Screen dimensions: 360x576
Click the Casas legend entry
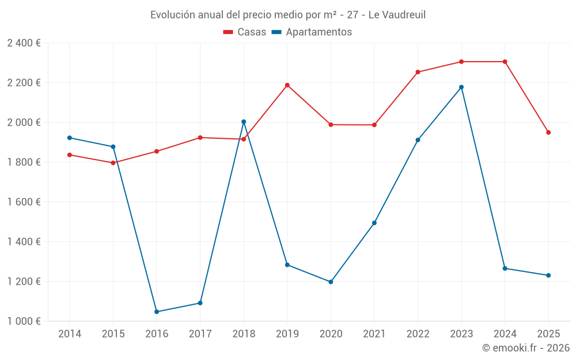point(245,32)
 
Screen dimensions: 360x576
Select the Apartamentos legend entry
point(312,32)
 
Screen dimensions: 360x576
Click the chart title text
point(288,15)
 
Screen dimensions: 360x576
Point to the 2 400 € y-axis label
point(24,43)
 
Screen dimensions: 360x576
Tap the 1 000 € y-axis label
point(24,321)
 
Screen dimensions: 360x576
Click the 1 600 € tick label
point(24,202)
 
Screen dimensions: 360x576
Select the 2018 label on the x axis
point(244,334)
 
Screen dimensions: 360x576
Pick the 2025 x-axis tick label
point(548,334)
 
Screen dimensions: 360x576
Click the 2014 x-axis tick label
point(70,334)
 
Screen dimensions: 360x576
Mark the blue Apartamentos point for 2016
point(157,312)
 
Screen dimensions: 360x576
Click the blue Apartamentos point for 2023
point(461,87)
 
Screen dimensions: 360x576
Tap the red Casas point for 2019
point(287,85)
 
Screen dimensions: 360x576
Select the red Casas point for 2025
point(548,132)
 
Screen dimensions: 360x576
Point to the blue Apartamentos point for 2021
point(374,223)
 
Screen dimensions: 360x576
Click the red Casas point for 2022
point(418,72)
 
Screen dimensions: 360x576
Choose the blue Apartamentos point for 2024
point(505,268)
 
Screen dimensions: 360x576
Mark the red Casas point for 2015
point(113,162)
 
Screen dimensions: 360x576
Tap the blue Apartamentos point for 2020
point(331,282)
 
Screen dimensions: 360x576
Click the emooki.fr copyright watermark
point(526,348)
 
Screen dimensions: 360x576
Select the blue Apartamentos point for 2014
point(70,138)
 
